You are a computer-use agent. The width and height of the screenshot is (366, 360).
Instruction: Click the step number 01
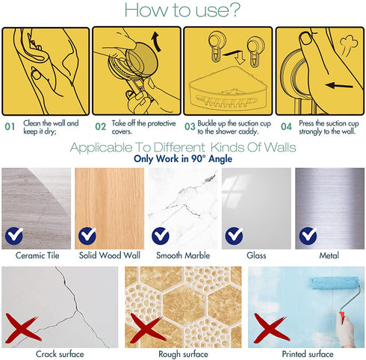point(10,126)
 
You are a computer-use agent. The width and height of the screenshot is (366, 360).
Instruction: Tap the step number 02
point(101,126)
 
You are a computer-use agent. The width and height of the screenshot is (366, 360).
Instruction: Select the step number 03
point(190,126)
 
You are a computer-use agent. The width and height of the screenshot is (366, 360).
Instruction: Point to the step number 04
point(286,126)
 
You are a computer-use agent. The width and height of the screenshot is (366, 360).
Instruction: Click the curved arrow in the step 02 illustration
point(156,41)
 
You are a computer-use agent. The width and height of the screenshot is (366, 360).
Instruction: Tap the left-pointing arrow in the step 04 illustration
point(339,86)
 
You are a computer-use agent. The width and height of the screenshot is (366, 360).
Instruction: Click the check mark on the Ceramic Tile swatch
point(14,235)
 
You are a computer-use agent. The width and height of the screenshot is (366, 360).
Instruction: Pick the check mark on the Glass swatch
point(235,235)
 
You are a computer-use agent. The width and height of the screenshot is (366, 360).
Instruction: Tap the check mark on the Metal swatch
point(308,235)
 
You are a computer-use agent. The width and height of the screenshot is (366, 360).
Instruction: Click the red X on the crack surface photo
point(22,328)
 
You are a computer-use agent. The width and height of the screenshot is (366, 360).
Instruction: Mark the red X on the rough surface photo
point(147,328)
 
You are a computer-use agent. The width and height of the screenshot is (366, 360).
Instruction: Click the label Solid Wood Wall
point(110,255)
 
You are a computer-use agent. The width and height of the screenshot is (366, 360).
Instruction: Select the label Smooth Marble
point(183,255)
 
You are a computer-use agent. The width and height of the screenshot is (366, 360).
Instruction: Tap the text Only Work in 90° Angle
point(183,158)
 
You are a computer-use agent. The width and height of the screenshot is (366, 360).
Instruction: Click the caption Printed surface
point(308,354)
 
